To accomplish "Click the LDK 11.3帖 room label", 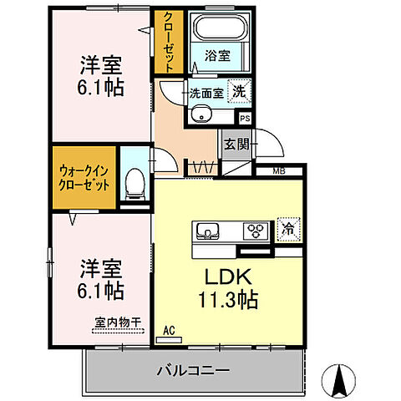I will [x=226, y=287].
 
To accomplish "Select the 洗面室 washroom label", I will [x=205, y=94].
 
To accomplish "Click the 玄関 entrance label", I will [x=233, y=144].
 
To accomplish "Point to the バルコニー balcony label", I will [x=194, y=368].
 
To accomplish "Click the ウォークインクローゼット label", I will [x=83, y=177].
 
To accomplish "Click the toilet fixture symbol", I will [x=133, y=183].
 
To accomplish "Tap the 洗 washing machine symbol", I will [x=240, y=93].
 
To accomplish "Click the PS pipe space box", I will [x=245, y=119].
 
